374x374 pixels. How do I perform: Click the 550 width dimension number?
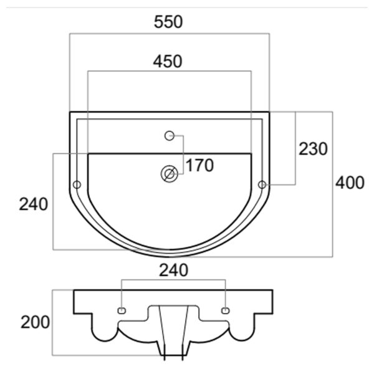168,22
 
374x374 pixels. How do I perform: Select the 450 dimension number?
168,61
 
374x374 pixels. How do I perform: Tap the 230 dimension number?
313,149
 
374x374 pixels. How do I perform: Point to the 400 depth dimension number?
350,183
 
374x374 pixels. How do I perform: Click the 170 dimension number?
199,165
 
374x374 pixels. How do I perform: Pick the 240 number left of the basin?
34,204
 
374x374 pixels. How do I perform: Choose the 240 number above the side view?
174,271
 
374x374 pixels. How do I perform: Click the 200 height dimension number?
36,322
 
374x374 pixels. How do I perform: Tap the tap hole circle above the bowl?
170,136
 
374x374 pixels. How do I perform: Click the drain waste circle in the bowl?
170,174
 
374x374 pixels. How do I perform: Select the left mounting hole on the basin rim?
77,185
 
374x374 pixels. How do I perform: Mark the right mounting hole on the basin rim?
262,185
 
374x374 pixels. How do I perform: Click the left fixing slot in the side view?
122,310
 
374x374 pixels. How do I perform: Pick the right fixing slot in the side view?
226,310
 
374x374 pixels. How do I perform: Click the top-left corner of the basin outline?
70,112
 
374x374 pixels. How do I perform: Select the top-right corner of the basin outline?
269,112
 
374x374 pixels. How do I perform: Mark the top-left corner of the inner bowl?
88,154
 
